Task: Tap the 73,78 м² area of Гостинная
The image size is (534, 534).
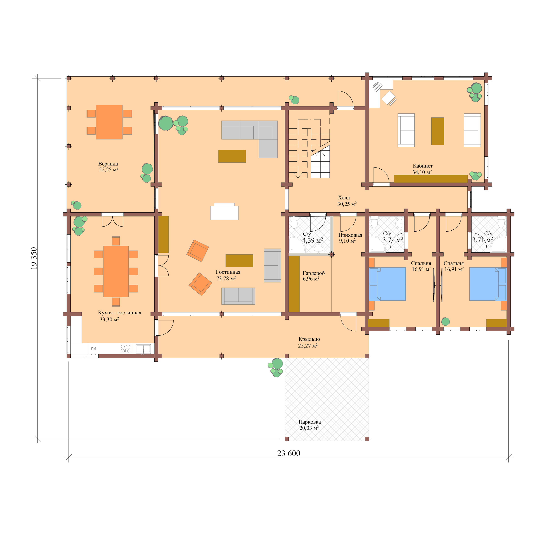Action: tap(226, 279)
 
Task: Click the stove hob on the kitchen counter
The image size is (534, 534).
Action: tap(125, 349)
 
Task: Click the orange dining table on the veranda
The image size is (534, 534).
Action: tap(109, 122)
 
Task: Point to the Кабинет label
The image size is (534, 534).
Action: tap(423, 166)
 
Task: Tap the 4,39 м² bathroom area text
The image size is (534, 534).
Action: tap(312, 240)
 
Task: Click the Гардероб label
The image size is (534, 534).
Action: tap(313, 273)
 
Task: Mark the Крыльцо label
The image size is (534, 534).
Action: tap(309, 339)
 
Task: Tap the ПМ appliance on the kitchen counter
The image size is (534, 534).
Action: tap(93, 349)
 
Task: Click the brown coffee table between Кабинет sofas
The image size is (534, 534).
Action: tap(438, 131)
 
